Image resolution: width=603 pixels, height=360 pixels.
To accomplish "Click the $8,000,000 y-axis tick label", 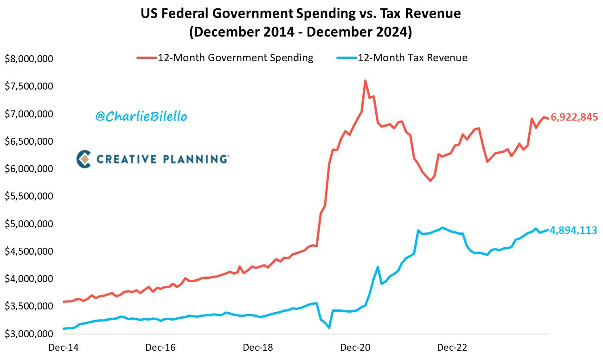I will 29,59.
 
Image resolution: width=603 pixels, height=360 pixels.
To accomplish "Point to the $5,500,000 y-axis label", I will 29,196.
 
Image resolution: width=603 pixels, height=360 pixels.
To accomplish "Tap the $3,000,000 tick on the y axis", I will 29,334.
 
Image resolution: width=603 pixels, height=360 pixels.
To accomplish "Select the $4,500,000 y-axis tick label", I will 29,251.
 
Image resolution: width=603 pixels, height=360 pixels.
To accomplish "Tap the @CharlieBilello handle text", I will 141,117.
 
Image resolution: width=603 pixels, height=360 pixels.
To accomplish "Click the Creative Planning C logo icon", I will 83,159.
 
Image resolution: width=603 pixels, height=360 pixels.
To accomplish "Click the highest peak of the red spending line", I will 366,81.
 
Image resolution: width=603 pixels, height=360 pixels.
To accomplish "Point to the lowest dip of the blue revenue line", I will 329,328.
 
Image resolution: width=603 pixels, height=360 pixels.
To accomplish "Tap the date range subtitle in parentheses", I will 301,32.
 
